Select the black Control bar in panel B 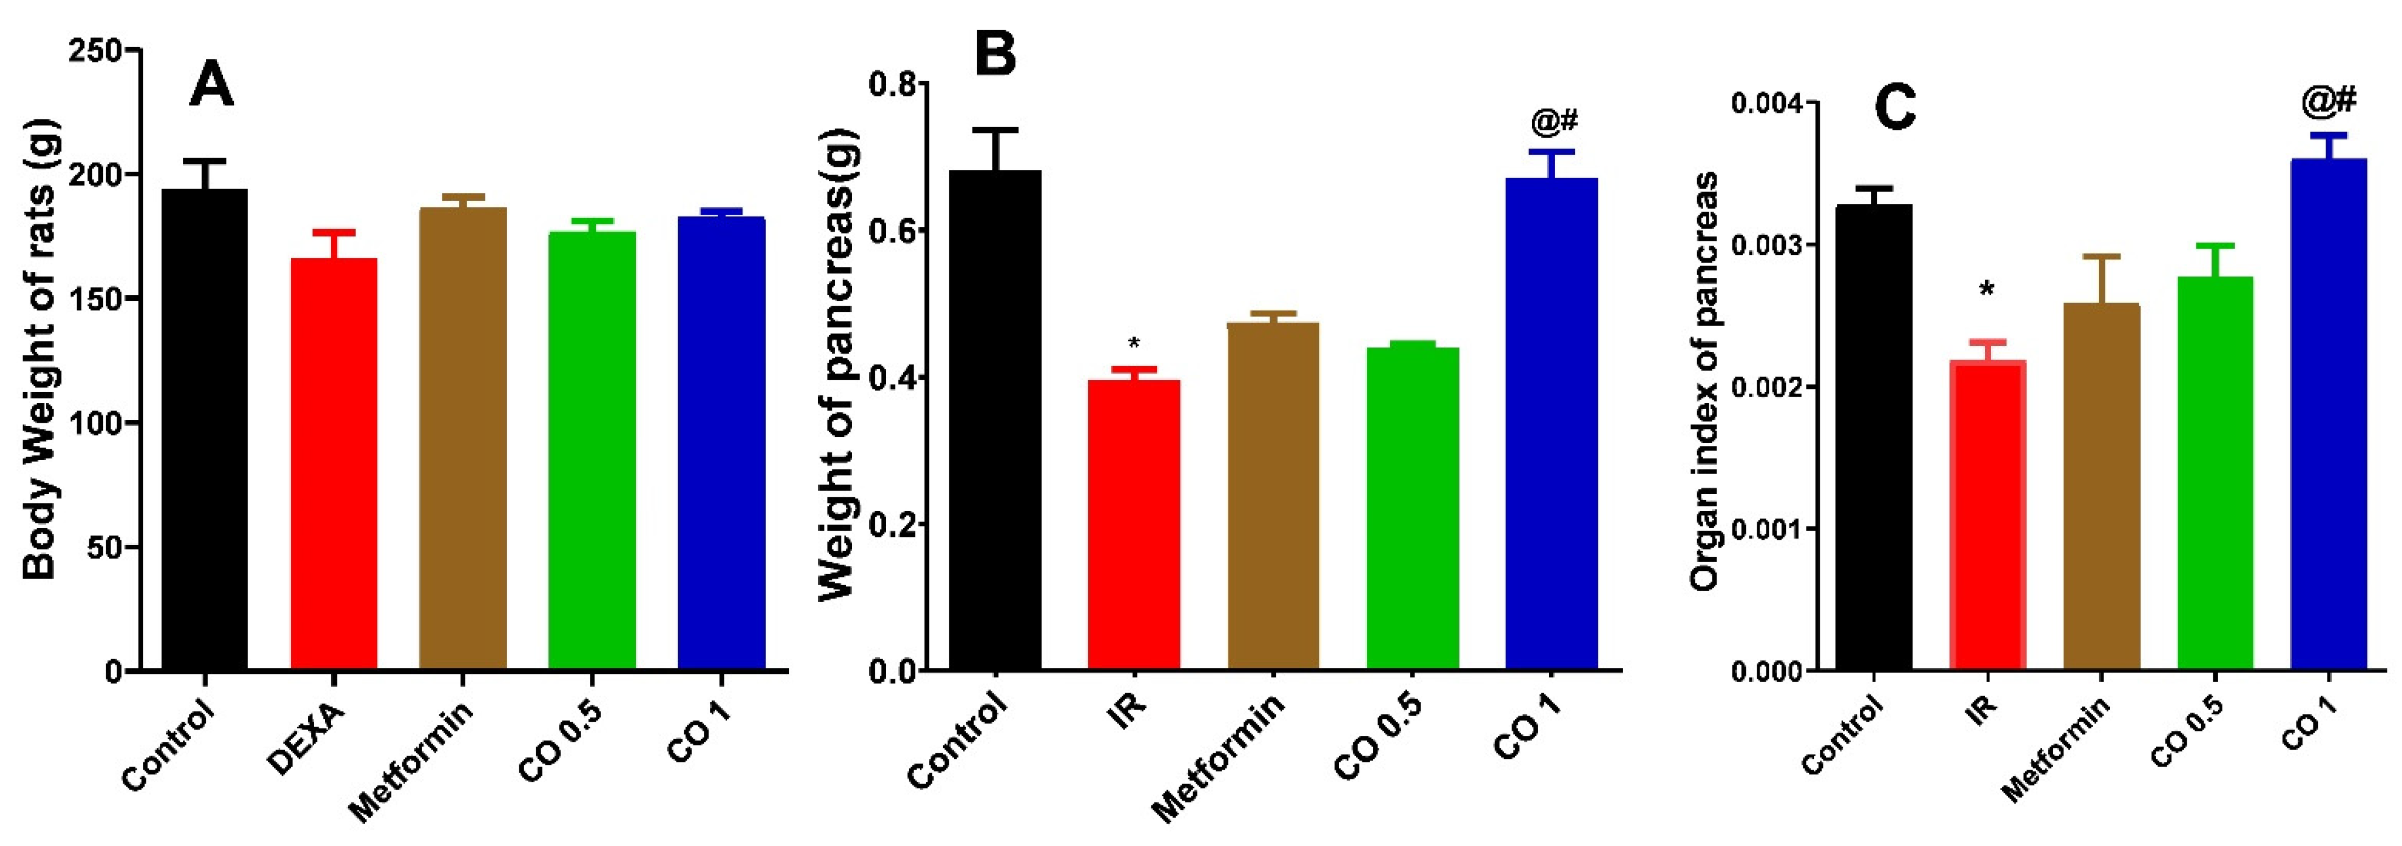(x=995, y=420)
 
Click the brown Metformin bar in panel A (x=463, y=439)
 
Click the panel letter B (x=995, y=54)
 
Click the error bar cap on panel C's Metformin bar (x=2102, y=255)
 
